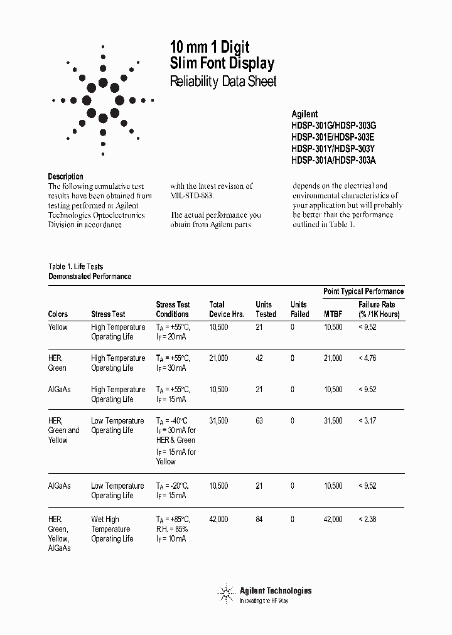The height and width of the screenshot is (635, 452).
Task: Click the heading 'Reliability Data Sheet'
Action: tap(223, 82)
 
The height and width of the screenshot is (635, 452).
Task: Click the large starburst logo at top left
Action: tap(103, 100)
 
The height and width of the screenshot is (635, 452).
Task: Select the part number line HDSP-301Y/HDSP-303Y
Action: tap(333, 149)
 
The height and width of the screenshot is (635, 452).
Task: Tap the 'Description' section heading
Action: tap(65, 176)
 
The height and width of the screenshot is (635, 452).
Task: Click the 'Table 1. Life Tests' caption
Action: tap(75, 267)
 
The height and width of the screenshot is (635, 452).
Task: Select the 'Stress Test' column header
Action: tap(108, 314)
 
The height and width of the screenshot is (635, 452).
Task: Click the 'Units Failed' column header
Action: tap(299, 309)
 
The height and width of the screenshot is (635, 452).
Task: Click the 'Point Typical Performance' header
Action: tap(363, 291)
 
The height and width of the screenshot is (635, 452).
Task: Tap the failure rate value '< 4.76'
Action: tap(367, 358)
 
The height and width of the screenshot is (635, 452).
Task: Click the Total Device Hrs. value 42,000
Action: tap(218, 519)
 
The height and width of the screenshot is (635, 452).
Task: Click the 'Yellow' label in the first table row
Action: tap(58, 327)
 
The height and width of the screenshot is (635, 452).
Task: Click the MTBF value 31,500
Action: tap(333, 420)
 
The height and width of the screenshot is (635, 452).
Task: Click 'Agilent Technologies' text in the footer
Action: tap(275, 590)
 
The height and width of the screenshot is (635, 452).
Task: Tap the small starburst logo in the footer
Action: tap(225, 593)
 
